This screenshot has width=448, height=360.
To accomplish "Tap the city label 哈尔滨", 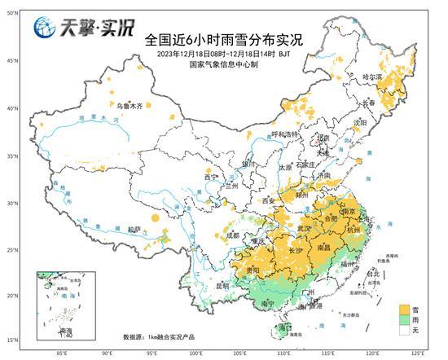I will pyautogui.click(x=371, y=77).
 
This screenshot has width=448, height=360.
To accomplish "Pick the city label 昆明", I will pyautogui.click(x=224, y=286).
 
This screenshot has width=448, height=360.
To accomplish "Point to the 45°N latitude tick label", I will pyautogui.click(x=11, y=61).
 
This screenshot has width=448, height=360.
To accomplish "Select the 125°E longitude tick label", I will pyautogui.click(x=417, y=353).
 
